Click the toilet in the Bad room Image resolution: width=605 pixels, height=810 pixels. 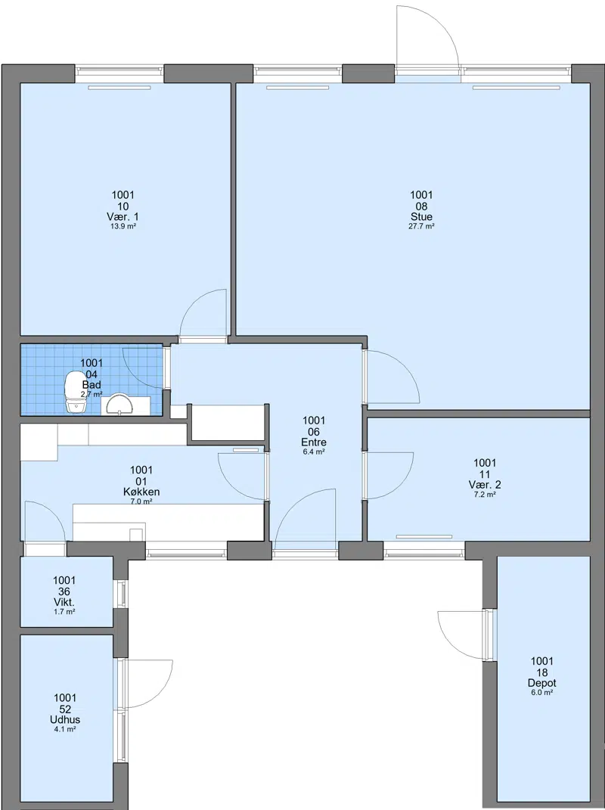[75, 391]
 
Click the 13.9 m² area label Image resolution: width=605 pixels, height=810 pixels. [123, 225]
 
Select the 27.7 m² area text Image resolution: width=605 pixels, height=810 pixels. [421, 225]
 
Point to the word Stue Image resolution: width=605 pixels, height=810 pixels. [421, 216]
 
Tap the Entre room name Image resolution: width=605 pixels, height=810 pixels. [314, 442]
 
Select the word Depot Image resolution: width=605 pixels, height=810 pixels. [542, 683]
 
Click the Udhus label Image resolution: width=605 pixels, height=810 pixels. [65, 719]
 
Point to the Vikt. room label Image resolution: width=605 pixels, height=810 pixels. [64, 602]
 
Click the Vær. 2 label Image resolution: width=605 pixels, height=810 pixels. [485, 485]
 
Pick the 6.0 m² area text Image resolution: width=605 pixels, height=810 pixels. [542, 692]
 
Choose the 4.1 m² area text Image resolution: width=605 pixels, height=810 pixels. [65, 729]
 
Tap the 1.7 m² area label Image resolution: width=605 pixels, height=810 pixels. [64, 612]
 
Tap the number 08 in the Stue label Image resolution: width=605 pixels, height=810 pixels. [421, 206]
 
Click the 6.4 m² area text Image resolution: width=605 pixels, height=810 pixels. [314, 452]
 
